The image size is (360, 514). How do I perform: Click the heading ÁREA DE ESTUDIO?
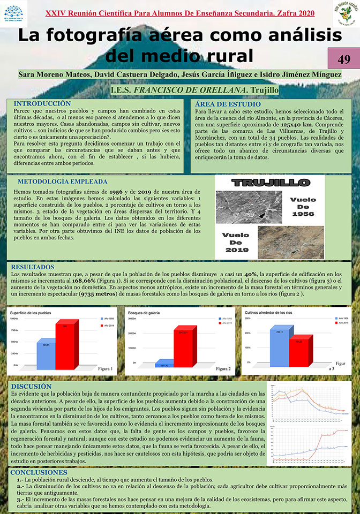click(228, 103)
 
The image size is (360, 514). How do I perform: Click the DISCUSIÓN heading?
click(32, 386)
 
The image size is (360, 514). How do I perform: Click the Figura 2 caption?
click(223, 369)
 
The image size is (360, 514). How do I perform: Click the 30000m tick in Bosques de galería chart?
click(132, 319)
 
